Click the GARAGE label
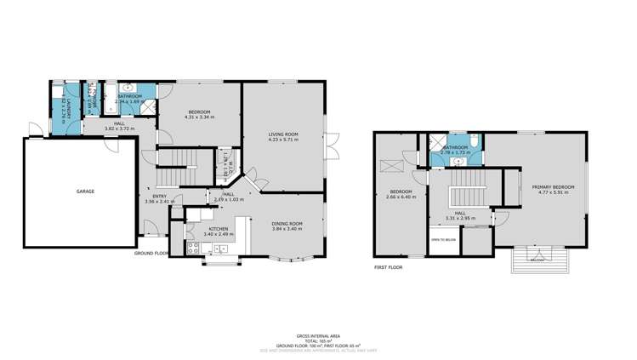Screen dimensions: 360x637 [x=86, y=191]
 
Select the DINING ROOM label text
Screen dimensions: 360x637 [x=287, y=223]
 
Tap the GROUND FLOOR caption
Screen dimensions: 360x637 [x=151, y=253]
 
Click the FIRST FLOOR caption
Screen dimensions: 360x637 [x=388, y=267]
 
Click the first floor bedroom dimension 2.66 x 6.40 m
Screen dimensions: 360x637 [x=401, y=197]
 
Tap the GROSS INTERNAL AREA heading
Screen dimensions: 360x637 [x=317, y=336]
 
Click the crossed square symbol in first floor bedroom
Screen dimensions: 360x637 [x=393, y=167]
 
